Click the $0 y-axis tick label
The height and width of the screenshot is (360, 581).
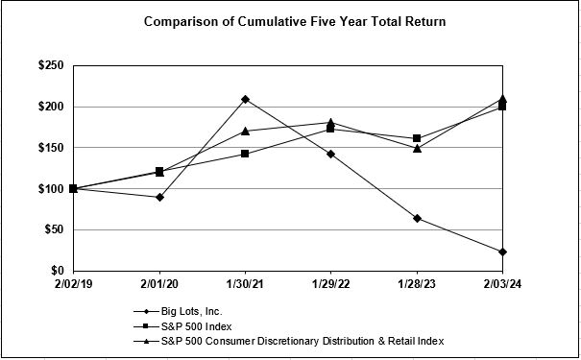tap(59, 271)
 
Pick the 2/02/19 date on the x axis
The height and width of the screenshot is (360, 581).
tap(73, 285)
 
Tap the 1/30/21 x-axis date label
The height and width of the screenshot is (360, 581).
tap(245, 285)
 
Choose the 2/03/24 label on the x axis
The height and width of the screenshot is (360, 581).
tap(502, 285)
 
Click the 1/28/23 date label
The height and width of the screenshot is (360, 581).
tap(417, 285)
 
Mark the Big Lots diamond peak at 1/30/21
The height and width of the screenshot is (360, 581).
tap(245, 99)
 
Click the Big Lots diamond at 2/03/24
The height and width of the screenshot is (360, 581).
tap(502, 252)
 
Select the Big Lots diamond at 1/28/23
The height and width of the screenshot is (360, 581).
tap(417, 218)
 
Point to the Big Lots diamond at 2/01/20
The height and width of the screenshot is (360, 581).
tap(159, 197)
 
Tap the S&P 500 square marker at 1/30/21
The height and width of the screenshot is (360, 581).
tap(245, 154)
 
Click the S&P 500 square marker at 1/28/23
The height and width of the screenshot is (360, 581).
tap(417, 138)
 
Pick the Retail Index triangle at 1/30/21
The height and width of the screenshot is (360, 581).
tap(245, 131)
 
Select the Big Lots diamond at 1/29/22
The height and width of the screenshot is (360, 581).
tap(331, 154)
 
